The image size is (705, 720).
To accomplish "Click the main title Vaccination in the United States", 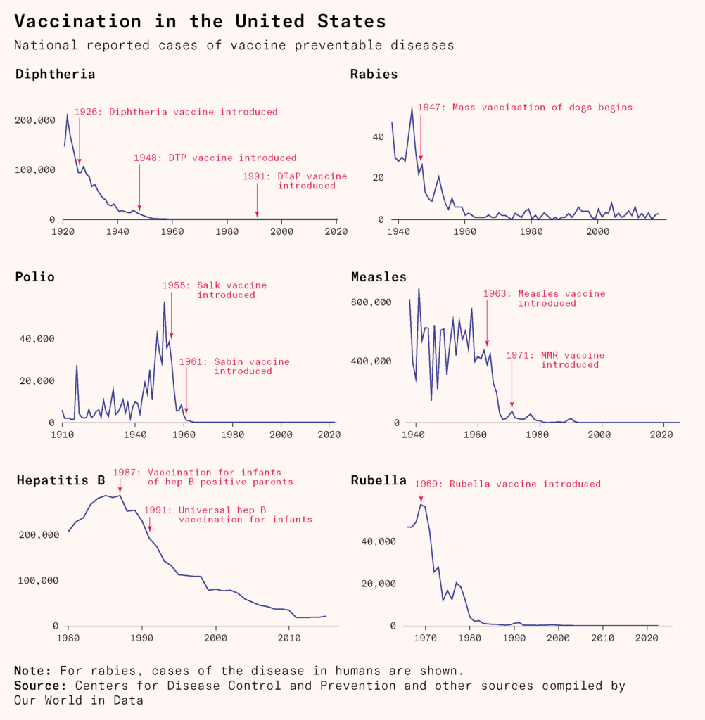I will pos(200,21).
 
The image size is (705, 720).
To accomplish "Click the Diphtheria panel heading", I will pos(55,74).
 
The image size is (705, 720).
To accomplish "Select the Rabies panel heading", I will pos(374,74).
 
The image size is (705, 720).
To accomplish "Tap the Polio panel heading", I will pos(34,277).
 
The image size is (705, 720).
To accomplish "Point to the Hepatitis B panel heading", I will pos(61,481).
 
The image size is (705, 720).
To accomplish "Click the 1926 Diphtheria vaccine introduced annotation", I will pos(176,112).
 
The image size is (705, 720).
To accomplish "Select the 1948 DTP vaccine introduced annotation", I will pos(215,158).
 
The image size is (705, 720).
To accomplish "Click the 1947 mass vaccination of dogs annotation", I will pos(525,108).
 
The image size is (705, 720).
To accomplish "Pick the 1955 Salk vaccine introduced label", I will pos(215,290).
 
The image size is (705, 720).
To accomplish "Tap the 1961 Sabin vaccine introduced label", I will pos(234,366).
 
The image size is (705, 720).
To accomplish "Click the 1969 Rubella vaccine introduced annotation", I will pos(507,484).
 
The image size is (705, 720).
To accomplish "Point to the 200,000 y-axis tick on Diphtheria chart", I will pos(35,120).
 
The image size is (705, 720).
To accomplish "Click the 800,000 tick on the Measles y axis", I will pos(372,302).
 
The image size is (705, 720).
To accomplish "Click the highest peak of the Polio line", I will pos(165,302).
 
